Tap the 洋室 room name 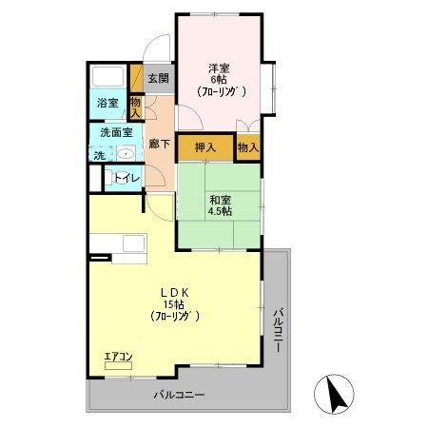219,68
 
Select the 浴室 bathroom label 107,104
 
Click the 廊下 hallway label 159,145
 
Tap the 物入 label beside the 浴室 135,107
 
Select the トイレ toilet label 126,177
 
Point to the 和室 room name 221,200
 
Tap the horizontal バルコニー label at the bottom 181,395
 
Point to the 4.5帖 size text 221,213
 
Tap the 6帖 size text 219,81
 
